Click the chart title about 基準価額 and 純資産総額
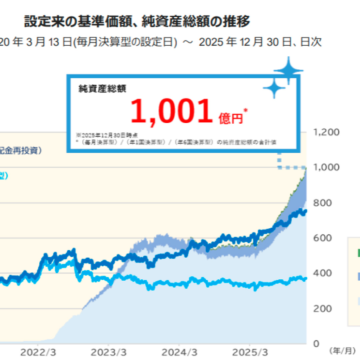137,22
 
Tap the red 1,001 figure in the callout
171,111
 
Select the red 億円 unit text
231,118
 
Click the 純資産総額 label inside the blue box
102,89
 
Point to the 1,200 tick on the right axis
326,132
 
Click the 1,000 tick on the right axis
326,167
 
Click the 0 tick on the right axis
317,344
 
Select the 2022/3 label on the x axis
38,352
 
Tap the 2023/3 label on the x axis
108,352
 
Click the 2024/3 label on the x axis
179,352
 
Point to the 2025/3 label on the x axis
250,352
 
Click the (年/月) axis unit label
342,351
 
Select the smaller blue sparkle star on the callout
274,88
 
